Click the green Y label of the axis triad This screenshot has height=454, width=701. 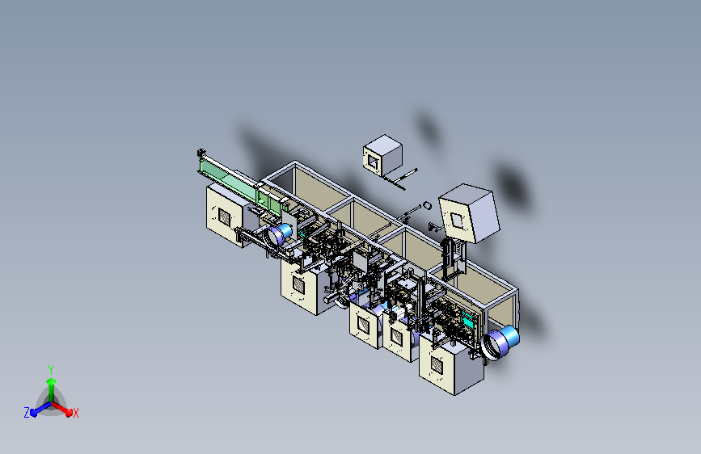pyautogui.click(x=51, y=369)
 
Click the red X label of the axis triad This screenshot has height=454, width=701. pyautogui.click(x=75, y=413)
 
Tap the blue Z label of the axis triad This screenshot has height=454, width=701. pyautogui.click(x=27, y=413)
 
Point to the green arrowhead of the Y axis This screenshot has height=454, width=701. pyautogui.click(x=52, y=381)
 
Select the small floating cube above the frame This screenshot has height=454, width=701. pyautogui.click(x=382, y=155)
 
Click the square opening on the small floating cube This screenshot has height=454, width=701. pyautogui.click(x=372, y=162)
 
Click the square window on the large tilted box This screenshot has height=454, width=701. pyautogui.click(x=457, y=221)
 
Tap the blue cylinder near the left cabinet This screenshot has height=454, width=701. pyautogui.click(x=279, y=233)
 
